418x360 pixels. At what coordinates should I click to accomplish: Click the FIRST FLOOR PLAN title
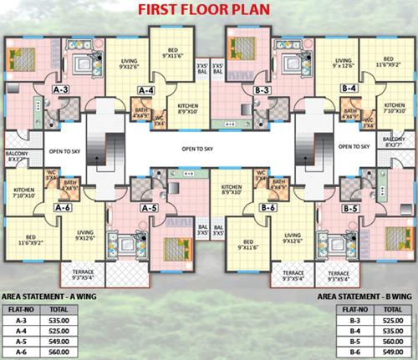[209, 12]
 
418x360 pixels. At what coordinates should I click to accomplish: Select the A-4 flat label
[146, 89]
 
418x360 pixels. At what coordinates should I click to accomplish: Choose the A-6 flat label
[61, 206]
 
